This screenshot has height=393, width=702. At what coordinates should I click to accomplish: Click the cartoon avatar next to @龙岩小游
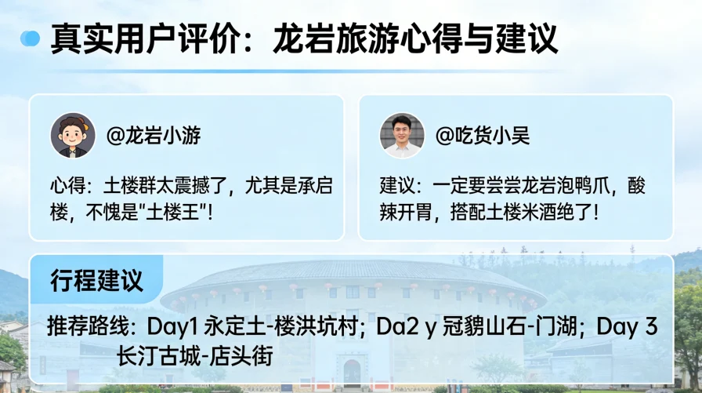[x=72, y=135]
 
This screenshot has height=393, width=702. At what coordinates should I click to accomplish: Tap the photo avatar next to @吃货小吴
[x=402, y=135]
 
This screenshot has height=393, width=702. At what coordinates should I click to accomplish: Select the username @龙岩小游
[x=154, y=136]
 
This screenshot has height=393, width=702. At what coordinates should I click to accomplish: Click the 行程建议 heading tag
[x=96, y=280]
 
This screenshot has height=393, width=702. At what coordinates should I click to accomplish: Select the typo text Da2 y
[x=418, y=326]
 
